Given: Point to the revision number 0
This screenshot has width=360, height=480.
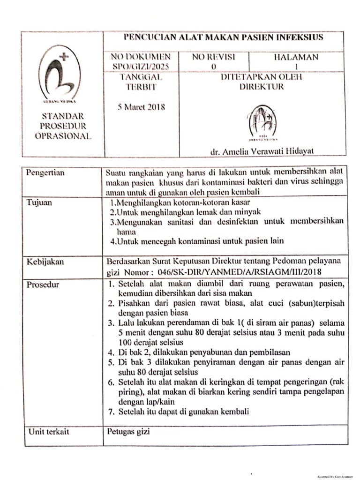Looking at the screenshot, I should point(214,67).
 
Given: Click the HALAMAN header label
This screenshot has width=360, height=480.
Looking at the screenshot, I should point(296,57).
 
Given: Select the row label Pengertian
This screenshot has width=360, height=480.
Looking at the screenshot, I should point(45,173).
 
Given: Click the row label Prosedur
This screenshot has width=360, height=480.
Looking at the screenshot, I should point(43,285).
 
